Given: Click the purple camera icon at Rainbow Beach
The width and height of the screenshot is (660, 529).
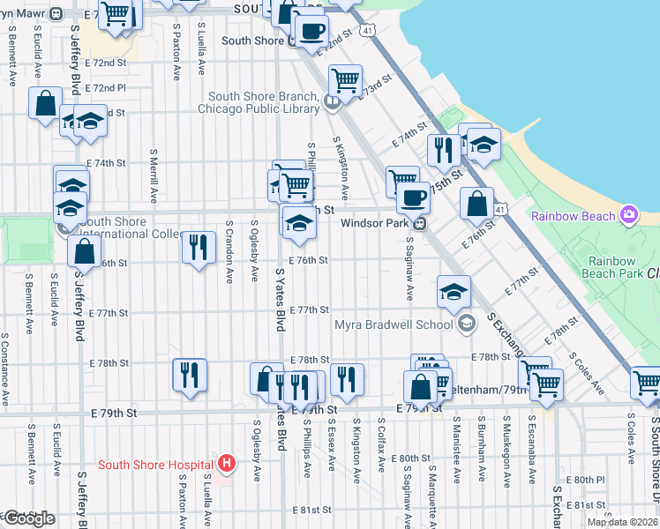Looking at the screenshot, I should pyautogui.click(x=628, y=214).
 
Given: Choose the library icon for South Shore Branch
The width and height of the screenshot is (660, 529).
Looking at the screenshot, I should pyautogui.click(x=330, y=102).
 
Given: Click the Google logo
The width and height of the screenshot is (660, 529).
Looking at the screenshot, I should pyautogui.click(x=28, y=518).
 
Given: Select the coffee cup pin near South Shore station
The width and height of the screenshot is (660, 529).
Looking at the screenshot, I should pyautogui.click(x=311, y=31).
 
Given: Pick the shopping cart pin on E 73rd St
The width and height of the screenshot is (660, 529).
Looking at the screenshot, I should pyautogui.click(x=345, y=81).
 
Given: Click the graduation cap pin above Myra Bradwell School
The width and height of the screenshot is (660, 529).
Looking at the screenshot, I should pyautogui.click(x=454, y=290).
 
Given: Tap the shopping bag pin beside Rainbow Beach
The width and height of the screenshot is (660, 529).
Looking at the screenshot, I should pyautogui.click(x=476, y=203).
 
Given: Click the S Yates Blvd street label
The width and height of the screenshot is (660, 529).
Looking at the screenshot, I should pyautogui.click(x=281, y=300).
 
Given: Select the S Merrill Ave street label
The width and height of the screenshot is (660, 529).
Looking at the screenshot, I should pyautogui.click(x=154, y=177).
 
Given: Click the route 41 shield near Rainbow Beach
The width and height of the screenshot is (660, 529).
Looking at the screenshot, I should pyautogui.click(x=500, y=210).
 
